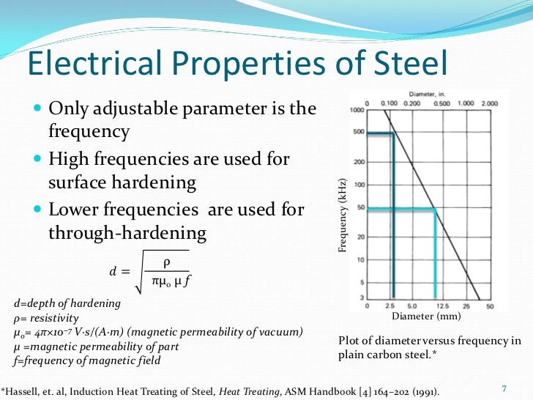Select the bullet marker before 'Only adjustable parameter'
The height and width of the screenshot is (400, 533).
coord(37,110)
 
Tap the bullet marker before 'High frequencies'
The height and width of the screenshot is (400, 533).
coord(37,160)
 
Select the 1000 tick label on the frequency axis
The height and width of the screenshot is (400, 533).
coord(357,111)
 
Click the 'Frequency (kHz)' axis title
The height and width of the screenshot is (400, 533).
coord(341,217)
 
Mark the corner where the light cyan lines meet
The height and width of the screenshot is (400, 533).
coord(436,210)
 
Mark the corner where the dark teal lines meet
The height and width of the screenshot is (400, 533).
coord(393,133)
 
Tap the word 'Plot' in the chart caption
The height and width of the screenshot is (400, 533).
coord(350,341)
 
